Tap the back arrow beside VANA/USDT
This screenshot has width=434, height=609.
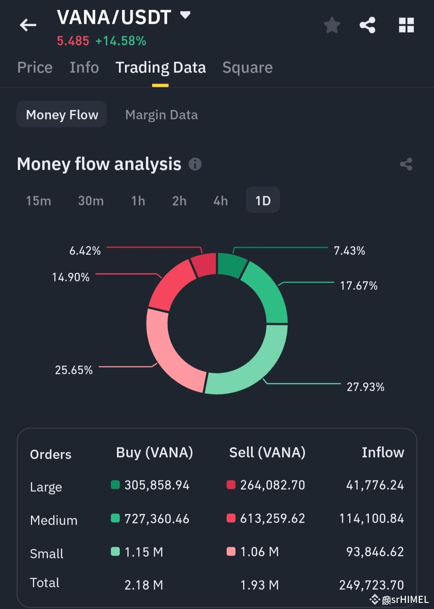[x=28, y=25]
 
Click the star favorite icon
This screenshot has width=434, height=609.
[x=332, y=25]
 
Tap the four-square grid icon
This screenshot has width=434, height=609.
[x=406, y=25]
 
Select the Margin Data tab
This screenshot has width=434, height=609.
[x=161, y=115]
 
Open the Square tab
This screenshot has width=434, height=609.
[x=247, y=68]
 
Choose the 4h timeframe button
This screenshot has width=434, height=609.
[x=220, y=201]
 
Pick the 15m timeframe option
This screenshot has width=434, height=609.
[x=39, y=201]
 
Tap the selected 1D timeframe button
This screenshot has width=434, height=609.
[x=263, y=200]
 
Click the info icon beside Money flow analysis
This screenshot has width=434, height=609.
[x=195, y=164]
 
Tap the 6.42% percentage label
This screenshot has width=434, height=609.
[x=85, y=251]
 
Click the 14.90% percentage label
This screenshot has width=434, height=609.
[x=71, y=277]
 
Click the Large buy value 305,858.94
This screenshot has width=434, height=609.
[x=157, y=485]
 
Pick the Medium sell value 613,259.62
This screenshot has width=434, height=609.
[x=272, y=519]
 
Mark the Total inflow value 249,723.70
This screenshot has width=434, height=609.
[x=371, y=585]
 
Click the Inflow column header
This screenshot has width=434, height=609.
[x=383, y=453]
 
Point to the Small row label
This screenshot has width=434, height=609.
[x=47, y=554]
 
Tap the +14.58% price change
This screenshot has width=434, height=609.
[x=121, y=41]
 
